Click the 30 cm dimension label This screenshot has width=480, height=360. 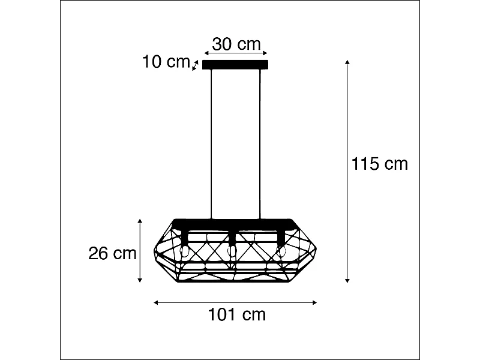pyautogui.click(x=236, y=44)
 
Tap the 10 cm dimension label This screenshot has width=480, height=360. pyautogui.click(x=166, y=62)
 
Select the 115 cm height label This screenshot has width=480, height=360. pyautogui.click(x=379, y=164)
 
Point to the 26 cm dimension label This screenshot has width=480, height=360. pyautogui.click(x=112, y=253)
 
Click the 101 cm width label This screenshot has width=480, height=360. pyautogui.click(x=236, y=314)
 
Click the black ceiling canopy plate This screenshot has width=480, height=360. pyautogui.click(x=236, y=65)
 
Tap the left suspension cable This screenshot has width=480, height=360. pyautogui.click(x=212, y=144)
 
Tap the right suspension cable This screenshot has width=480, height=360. pyautogui.click(x=260, y=144)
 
